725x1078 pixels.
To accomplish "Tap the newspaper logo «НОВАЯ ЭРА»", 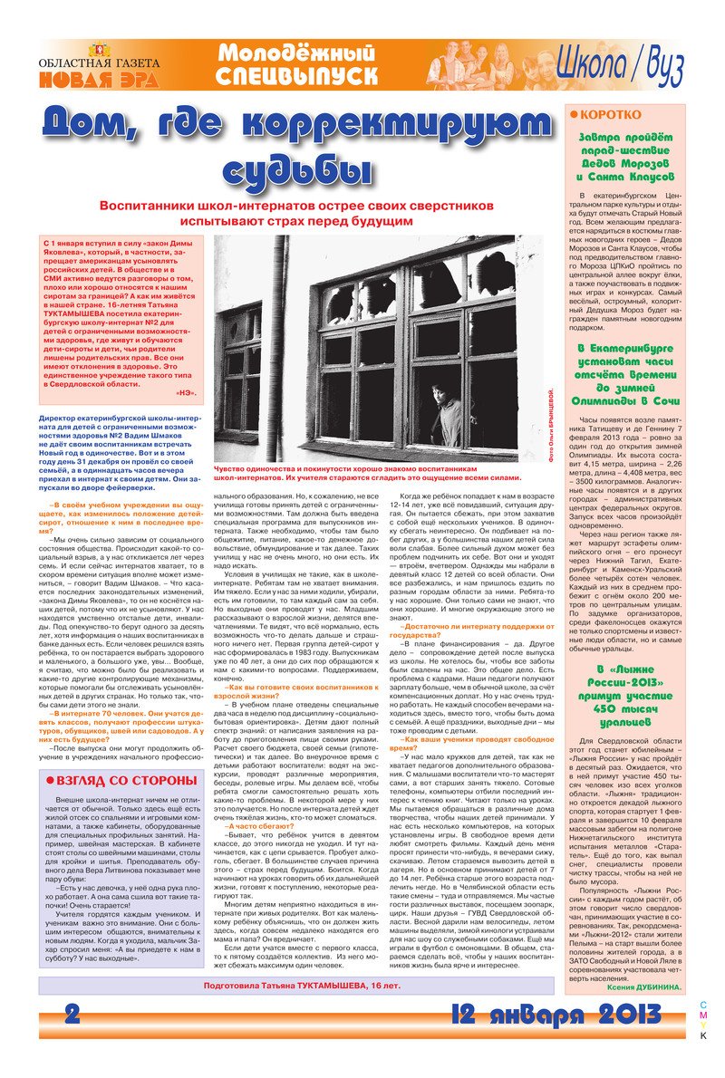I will tap(99, 79).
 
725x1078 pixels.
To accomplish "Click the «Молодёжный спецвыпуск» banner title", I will tap(296, 65).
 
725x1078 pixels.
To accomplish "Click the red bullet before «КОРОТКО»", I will tap(573, 114).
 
